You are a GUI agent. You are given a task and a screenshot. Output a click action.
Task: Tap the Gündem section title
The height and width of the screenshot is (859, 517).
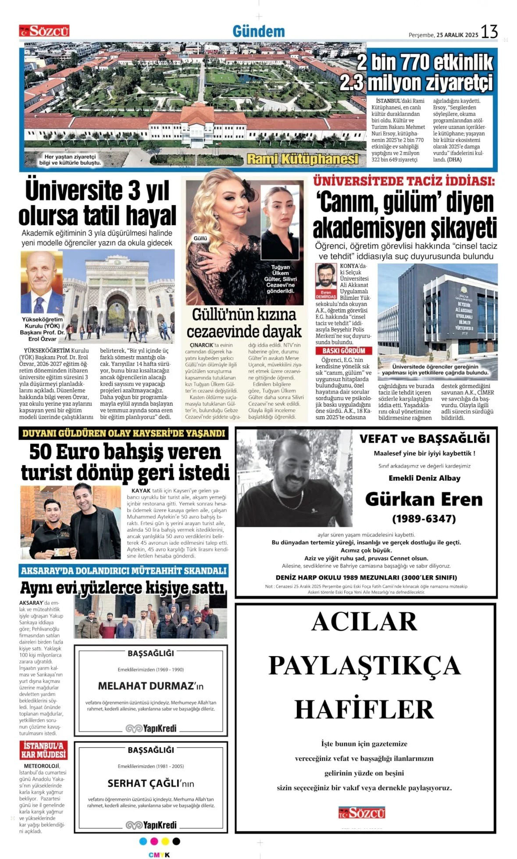pos(258,32)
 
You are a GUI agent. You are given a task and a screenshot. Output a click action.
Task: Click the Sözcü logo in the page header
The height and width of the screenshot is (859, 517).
pos(44,31)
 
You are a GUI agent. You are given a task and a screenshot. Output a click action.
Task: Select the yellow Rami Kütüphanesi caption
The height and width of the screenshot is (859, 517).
pos(303,159)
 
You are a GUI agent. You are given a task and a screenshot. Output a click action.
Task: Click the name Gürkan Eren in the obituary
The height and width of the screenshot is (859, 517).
pos(424,499)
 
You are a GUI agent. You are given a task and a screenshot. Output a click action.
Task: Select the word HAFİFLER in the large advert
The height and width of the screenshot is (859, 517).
pos(364,710)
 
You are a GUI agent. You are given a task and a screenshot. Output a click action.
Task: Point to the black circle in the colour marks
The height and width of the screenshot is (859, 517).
pos(176,841)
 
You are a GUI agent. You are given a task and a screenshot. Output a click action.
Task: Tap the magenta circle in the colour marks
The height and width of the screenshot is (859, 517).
pos(154,841)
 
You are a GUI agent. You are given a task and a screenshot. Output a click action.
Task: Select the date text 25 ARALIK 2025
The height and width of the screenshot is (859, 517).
pos(457,35)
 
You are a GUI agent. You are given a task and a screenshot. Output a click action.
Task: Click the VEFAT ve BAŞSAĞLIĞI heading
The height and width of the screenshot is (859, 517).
pos(424,439)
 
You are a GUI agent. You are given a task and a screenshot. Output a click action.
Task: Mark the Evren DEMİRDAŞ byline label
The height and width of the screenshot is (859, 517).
pos(326,295)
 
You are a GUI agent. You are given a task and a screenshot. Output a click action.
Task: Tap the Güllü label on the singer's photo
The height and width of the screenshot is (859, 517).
pos(200,238)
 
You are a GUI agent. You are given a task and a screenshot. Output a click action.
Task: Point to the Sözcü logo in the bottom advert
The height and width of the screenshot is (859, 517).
pos(361,812)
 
